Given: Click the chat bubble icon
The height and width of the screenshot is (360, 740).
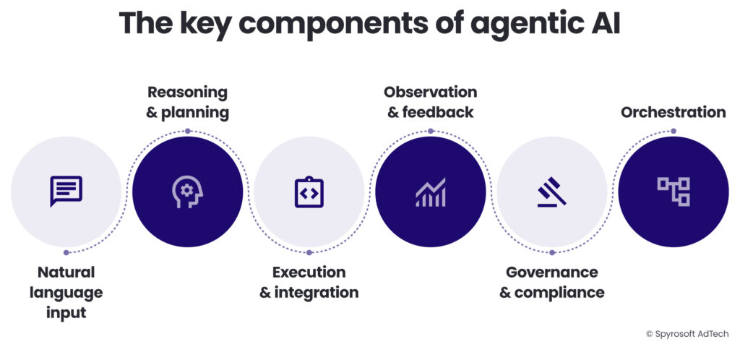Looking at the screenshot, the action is [x=66, y=191].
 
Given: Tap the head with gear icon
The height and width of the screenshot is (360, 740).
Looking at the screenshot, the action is [x=187, y=191].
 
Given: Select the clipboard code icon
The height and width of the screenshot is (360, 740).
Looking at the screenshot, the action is [x=309, y=192].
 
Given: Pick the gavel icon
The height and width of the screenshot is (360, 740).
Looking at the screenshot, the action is [x=551, y=192].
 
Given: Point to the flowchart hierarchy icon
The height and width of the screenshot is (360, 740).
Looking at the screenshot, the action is [x=673, y=192].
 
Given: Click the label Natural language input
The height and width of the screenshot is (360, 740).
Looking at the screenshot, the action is [x=66, y=293].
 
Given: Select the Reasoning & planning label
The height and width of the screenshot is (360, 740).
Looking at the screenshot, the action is [x=187, y=103].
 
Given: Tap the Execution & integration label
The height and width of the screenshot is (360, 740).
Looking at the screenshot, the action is [x=309, y=283].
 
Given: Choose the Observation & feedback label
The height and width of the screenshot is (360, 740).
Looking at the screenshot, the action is [x=430, y=103].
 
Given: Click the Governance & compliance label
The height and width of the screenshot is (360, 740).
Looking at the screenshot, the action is [x=551, y=283].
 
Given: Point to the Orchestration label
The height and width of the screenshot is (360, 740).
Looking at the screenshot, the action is [x=673, y=112].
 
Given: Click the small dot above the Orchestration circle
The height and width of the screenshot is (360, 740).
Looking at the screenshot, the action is [x=673, y=131].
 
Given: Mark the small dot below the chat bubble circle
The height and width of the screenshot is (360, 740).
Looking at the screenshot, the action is [x=66, y=252].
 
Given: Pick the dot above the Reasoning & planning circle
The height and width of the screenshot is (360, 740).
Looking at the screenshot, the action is [x=187, y=131].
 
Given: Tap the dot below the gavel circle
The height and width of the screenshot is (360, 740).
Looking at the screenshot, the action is [x=551, y=252].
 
